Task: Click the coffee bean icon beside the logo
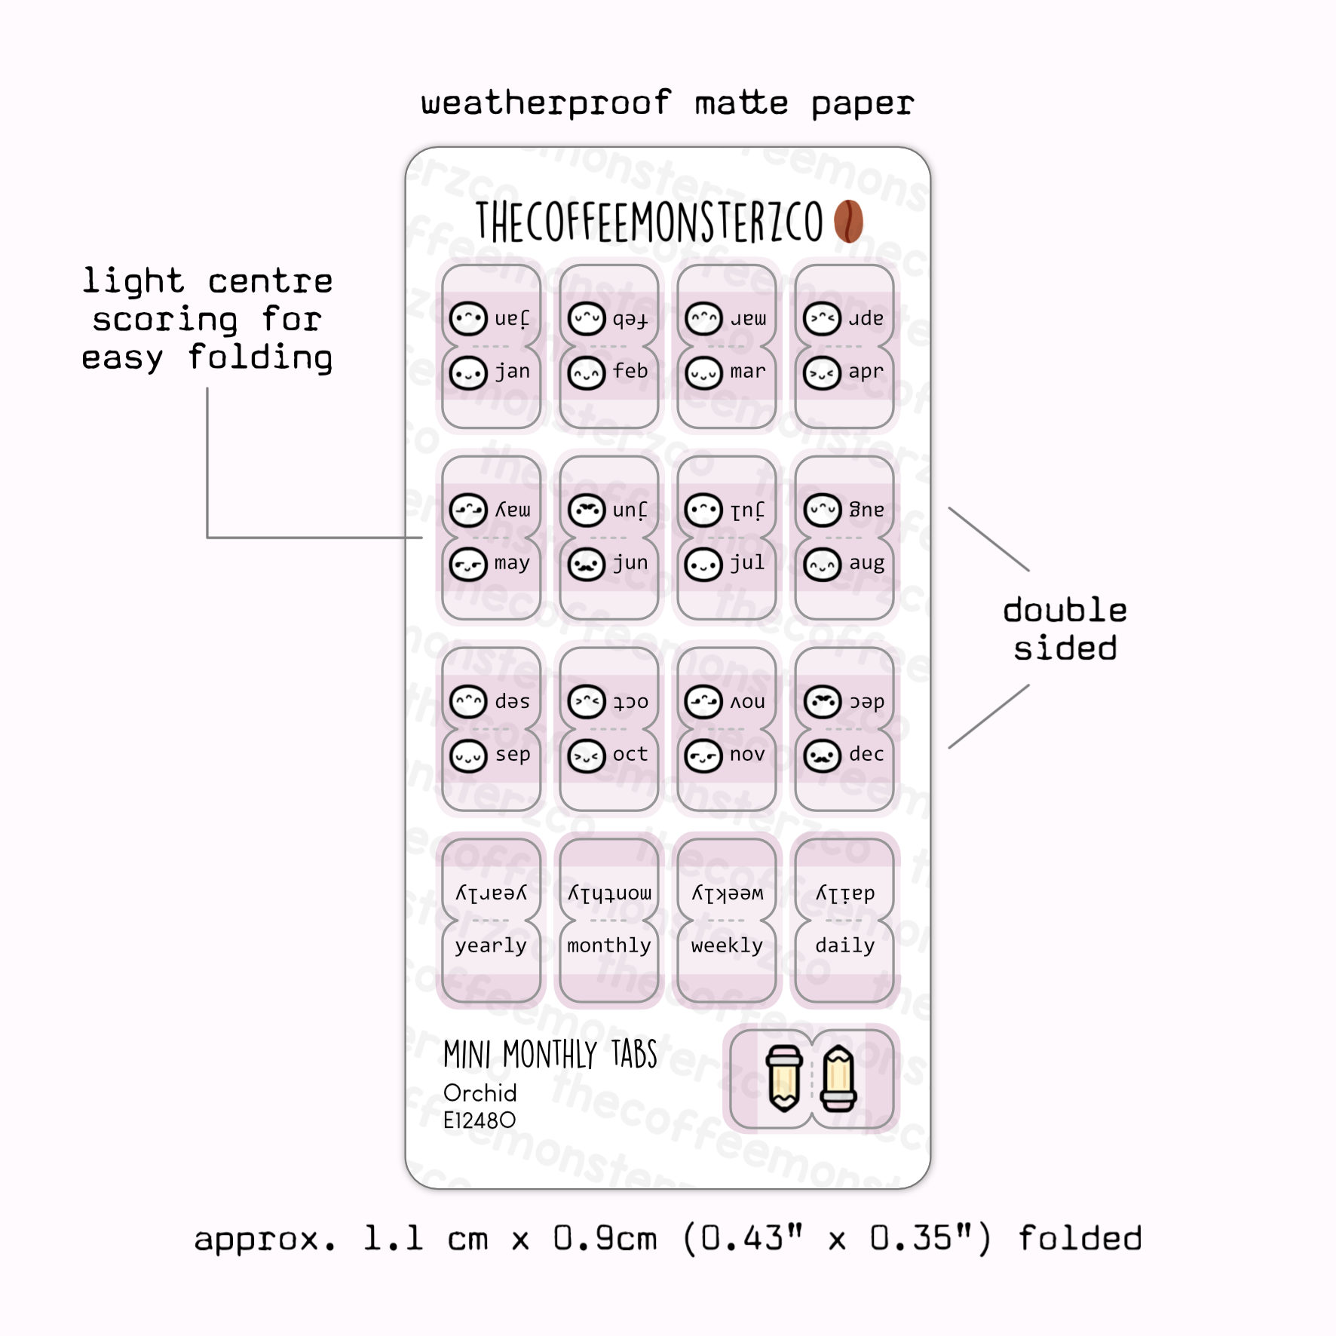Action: click(848, 222)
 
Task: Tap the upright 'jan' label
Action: click(512, 372)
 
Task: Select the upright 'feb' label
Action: click(630, 372)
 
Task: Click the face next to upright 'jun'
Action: click(587, 565)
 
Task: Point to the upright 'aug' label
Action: click(866, 563)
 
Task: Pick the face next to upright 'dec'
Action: click(822, 756)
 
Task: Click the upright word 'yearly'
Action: click(491, 946)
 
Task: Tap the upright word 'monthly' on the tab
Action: click(609, 946)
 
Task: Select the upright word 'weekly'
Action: click(727, 946)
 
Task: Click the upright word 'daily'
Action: click(844, 946)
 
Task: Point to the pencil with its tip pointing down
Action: click(784, 1079)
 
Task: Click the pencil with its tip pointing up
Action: click(839, 1079)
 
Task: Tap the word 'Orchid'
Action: click(480, 1093)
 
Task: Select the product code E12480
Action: click(480, 1120)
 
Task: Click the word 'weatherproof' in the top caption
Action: click(546, 103)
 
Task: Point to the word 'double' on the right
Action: click(1065, 610)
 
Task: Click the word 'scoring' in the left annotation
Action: click(165, 320)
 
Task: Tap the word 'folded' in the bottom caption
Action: click(1080, 1239)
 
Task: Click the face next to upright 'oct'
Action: click(587, 756)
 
